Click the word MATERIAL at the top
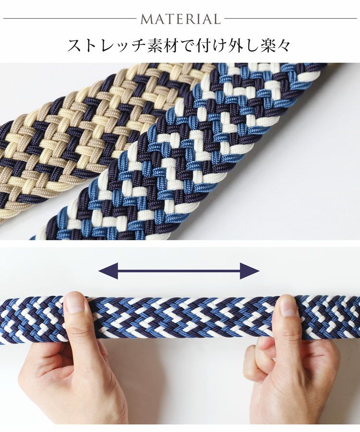[180, 19]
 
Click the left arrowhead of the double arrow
[108, 271]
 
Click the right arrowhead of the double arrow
[250, 271]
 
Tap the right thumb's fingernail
[288, 306]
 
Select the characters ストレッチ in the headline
[105, 46]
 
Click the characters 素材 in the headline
[160, 46]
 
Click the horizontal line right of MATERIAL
[290, 19]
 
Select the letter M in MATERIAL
[146, 19]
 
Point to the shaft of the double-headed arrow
[179, 271]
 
